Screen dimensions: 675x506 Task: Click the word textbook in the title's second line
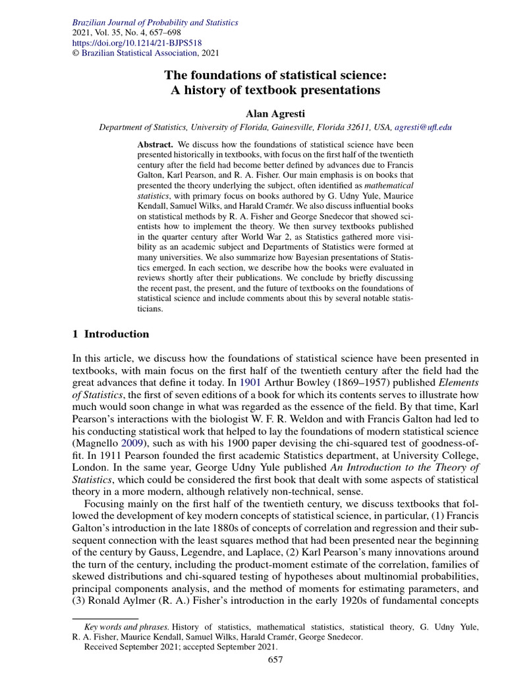point(240,90)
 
